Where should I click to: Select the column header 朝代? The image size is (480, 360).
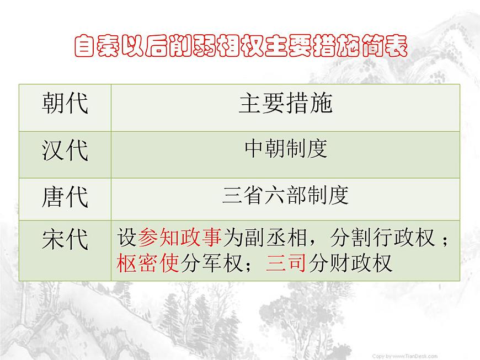coord(65,103)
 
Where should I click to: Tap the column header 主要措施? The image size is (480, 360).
coord(285,103)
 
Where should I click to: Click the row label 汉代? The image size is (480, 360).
coord(65,150)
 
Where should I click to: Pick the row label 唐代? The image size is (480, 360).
coord(65,197)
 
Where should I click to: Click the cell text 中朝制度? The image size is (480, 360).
coord(285,148)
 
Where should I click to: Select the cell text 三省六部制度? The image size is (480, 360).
coord(285,195)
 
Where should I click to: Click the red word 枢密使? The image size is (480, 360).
coord(148,263)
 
